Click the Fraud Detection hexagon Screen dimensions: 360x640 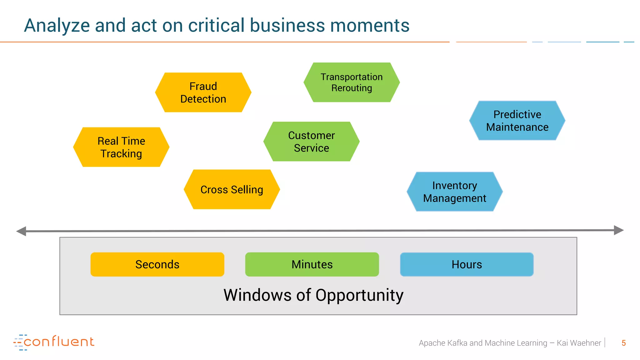pyautogui.click(x=203, y=92)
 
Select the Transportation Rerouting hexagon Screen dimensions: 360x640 pyautogui.click(x=352, y=82)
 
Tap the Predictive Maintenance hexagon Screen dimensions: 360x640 pyautogui.click(x=517, y=121)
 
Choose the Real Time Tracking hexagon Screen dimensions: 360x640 pyautogui.click(x=121, y=147)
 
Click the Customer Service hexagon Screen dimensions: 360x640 pyautogui.click(x=311, y=142)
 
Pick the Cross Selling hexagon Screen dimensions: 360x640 pyautogui.click(x=232, y=189)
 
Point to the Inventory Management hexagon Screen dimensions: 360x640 pyautogui.click(x=454, y=192)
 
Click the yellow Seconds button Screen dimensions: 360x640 pyautogui.click(x=157, y=264)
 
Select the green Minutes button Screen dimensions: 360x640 pyautogui.click(x=312, y=264)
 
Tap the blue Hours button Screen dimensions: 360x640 pyautogui.click(x=467, y=264)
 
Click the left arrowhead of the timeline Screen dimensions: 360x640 pyautogui.click(x=21, y=231)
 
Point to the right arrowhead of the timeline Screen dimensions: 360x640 pyautogui.click(x=618, y=230)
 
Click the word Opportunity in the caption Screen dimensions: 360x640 pyautogui.click(x=359, y=295)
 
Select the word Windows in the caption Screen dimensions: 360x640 pyautogui.click(x=257, y=295)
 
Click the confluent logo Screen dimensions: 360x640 pyautogui.click(x=54, y=342)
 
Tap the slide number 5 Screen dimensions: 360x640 pyautogui.click(x=623, y=343)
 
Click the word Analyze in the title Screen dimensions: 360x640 pyautogui.click(x=57, y=26)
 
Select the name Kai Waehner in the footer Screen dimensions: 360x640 pyautogui.click(x=579, y=343)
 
